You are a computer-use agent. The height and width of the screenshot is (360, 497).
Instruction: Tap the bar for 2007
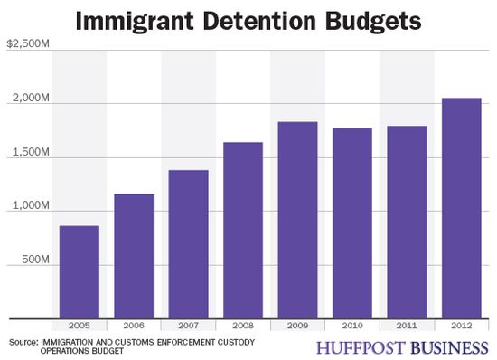coord(188,244)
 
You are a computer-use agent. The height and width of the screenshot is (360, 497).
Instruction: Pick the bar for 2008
coord(242,230)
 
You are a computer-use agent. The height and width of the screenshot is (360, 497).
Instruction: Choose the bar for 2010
coord(351,223)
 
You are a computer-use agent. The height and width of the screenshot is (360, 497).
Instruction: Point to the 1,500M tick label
coord(29,156)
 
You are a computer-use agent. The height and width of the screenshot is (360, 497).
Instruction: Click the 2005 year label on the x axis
coord(80,325)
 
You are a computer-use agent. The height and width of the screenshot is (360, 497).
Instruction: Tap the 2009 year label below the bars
coord(296,325)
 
